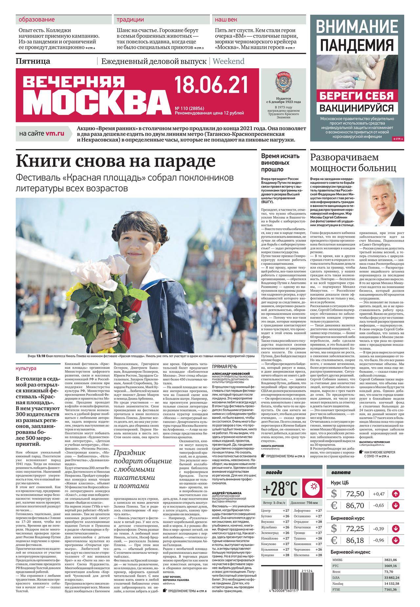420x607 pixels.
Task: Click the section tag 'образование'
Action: point(32,20)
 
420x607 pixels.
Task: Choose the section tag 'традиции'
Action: point(130,20)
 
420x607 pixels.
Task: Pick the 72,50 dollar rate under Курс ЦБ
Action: point(355,493)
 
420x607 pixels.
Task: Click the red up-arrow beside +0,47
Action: point(395,493)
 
